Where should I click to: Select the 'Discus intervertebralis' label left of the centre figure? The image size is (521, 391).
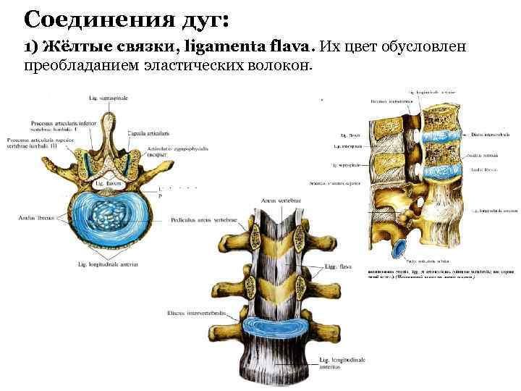point(193,314)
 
